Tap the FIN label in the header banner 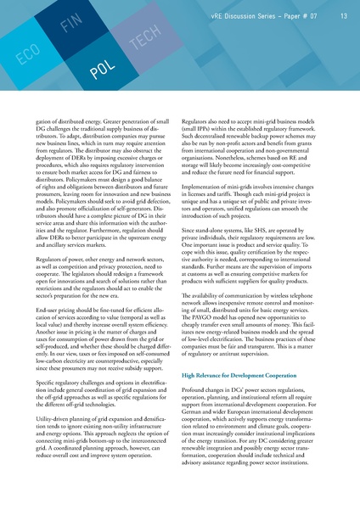pyautogui.click(x=71, y=21)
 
